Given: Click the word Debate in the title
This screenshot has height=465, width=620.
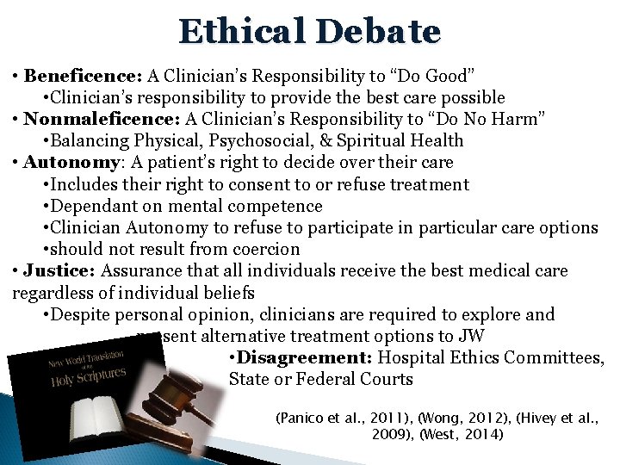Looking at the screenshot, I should click(x=378, y=32).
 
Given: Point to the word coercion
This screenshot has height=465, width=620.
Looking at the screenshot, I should click(x=263, y=249).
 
